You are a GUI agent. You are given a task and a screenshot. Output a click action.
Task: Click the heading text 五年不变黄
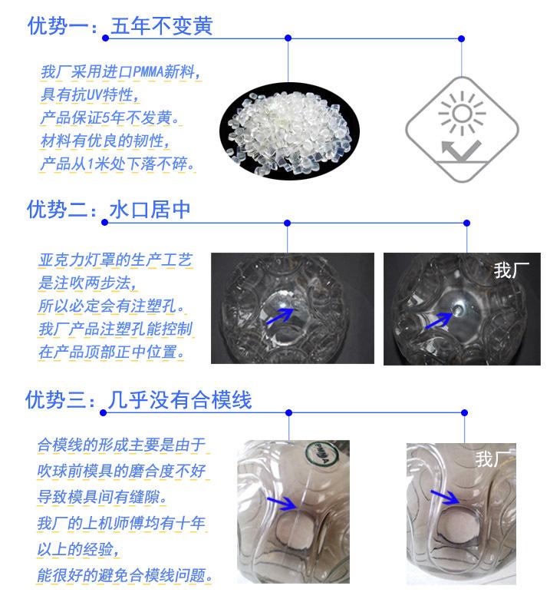(x=161, y=26)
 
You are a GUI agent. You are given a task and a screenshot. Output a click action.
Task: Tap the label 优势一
(x=58, y=26)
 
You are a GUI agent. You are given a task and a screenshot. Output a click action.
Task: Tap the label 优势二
(x=58, y=210)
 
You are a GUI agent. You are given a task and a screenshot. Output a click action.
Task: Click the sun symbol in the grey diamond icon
(x=461, y=114)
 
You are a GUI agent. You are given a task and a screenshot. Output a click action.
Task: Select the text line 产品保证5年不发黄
(x=108, y=119)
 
